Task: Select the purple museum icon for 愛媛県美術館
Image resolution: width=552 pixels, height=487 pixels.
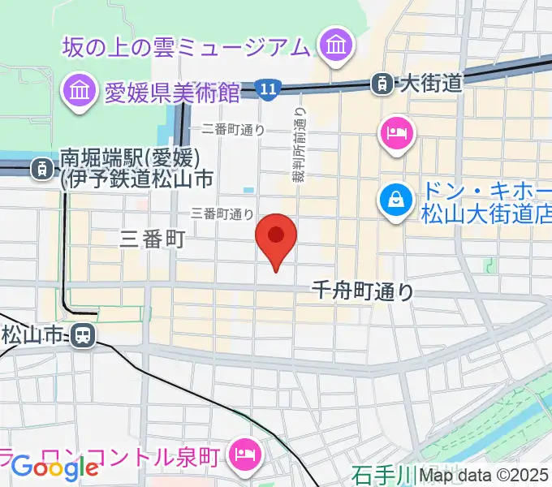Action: pyautogui.click(x=80, y=91)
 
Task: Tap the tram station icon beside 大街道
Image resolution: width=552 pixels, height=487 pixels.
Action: pyautogui.click(x=379, y=82)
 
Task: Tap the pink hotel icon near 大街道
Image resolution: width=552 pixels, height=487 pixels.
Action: pyautogui.click(x=397, y=132)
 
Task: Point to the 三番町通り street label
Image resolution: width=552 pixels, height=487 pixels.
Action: pyautogui.click(x=222, y=214)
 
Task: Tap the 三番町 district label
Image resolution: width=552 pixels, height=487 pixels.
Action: pyautogui.click(x=153, y=238)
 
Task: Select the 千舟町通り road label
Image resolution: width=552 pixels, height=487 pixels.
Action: pyautogui.click(x=363, y=291)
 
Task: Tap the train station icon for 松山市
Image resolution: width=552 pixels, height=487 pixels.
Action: pyautogui.click(x=81, y=334)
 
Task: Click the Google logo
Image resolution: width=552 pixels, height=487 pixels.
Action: pyautogui.click(x=54, y=468)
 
